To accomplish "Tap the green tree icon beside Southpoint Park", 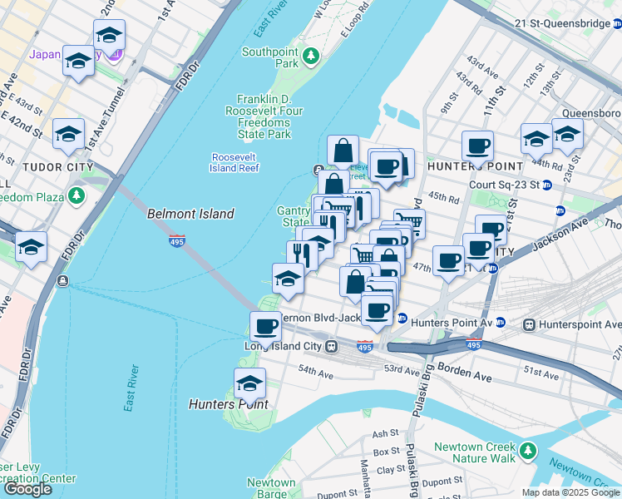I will pyautogui.click(x=311, y=57).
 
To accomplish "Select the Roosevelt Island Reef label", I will pyautogui.click(x=235, y=162).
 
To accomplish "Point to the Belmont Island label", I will pyautogui.click(x=190, y=214).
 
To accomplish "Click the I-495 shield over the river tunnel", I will pyautogui.click(x=176, y=241).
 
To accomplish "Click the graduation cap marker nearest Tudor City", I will pyautogui.click(x=68, y=134).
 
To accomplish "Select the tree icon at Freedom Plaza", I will pyautogui.click(x=77, y=196).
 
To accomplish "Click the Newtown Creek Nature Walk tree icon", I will pyautogui.click(x=527, y=452).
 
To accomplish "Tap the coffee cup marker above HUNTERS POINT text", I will pyautogui.click(x=477, y=146).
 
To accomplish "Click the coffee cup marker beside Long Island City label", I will pyautogui.click(x=266, y=325).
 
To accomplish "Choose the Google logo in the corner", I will pyautogui.click(x=27, y=489).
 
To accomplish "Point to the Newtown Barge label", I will pyautogui.click(x=271, y=487).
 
